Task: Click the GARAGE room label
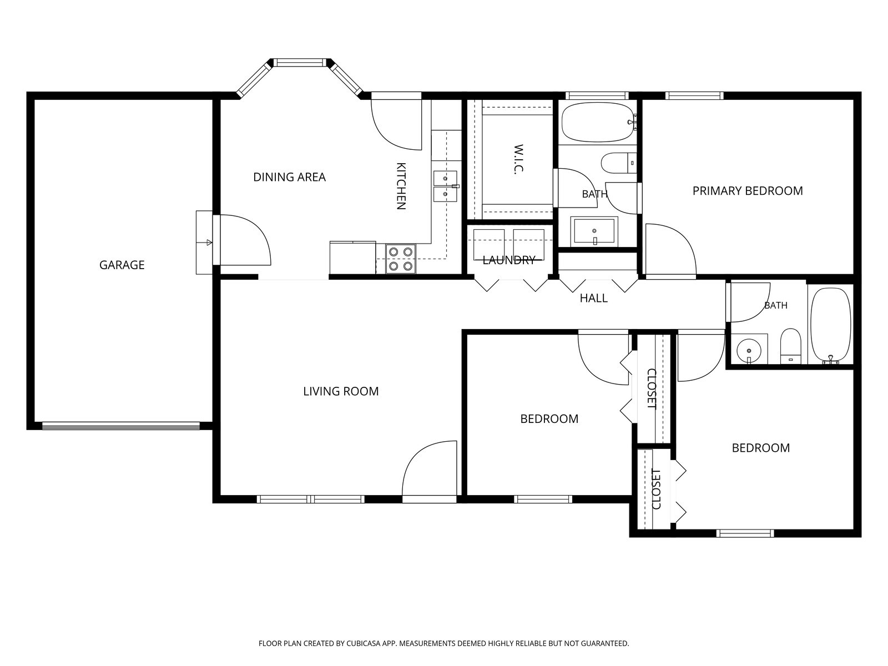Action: click(122, 265)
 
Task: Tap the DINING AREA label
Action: click(289, 177)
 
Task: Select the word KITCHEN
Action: click(401, 186)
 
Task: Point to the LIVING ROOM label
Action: click(341, 391)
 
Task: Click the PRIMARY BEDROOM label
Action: click(748, 191)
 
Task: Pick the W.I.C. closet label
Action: click(518, 159)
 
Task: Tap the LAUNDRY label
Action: click(509, 260)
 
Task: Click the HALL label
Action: click(593, 299)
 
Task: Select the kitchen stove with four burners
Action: click(401, 259)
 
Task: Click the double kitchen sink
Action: click(445, 186)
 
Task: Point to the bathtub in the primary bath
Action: click(598, 122)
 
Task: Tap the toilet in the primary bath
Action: click(619, 163)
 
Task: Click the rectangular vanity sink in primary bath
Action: click(594, 232)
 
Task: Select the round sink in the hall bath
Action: click(749, 351)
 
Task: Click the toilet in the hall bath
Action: click(790, 346)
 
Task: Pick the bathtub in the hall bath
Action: click(830, 325)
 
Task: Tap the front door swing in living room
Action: click(429, 472)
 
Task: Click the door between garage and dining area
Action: click(242, 240)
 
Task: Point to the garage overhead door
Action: click(121, 426)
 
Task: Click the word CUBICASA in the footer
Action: click(364, 643)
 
